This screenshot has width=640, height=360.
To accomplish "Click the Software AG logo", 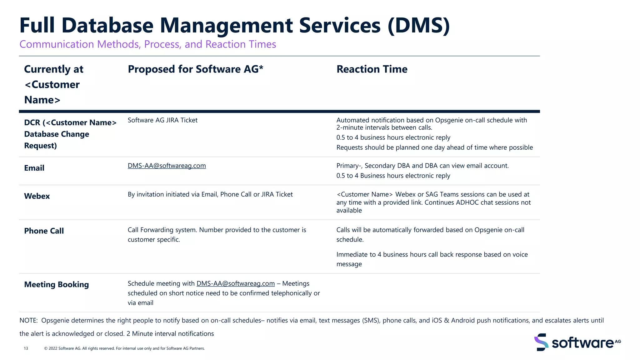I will [577, 342].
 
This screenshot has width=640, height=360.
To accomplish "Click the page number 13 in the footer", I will [26, 348].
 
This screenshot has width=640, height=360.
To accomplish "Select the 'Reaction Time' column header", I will [372, 69].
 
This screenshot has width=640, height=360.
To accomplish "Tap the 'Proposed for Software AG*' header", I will [195, 69].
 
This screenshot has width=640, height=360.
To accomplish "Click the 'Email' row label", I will [34, 168].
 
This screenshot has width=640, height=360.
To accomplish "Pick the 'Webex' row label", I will [37, 196].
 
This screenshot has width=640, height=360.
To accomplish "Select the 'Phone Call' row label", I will [44, 231].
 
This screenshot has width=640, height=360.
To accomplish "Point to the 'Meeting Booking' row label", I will [57, 285].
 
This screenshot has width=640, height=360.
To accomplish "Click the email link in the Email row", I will [167, 166].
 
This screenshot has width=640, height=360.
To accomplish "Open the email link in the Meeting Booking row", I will [235, 283].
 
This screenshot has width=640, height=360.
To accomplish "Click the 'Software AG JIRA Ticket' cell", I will [162, 120].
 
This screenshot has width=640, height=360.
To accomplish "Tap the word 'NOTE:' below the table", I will [28, 321].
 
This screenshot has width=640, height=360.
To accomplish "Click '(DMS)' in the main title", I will [418, 25].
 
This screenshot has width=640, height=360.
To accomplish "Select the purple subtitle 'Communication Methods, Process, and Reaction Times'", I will [148, 44].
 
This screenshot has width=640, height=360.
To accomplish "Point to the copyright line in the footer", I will [124, 348].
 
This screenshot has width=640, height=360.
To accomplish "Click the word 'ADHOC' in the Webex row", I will [467, 202].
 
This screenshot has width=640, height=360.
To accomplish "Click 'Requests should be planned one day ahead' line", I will [434, 147].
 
